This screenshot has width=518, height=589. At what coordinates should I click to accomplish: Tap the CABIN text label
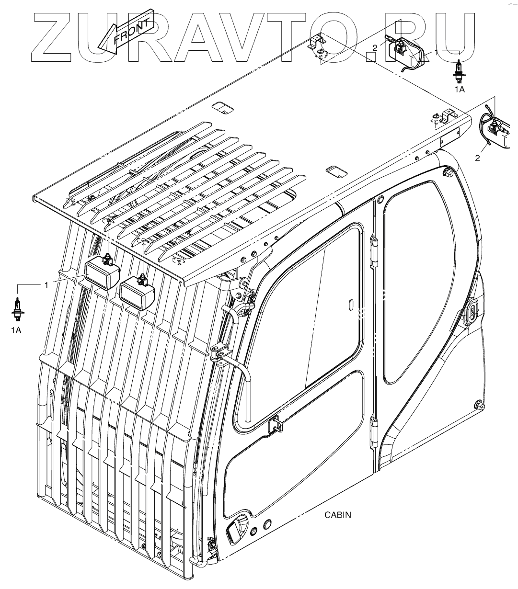pyautogui.click(x=338, y=515)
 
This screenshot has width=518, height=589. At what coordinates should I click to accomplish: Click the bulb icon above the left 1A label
pyautogui.click(x=17, y=308)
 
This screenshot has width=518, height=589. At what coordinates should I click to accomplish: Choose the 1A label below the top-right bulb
pyautogui.click(x=460, y=89)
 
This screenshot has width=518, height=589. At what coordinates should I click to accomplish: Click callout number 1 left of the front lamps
pyautogui.click(x=46, y=285)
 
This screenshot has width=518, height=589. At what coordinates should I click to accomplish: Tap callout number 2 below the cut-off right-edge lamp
pyautogui.click(x=477, y=159)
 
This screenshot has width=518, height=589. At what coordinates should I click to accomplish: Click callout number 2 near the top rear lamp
pyautogui.click(x=375, y=47)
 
